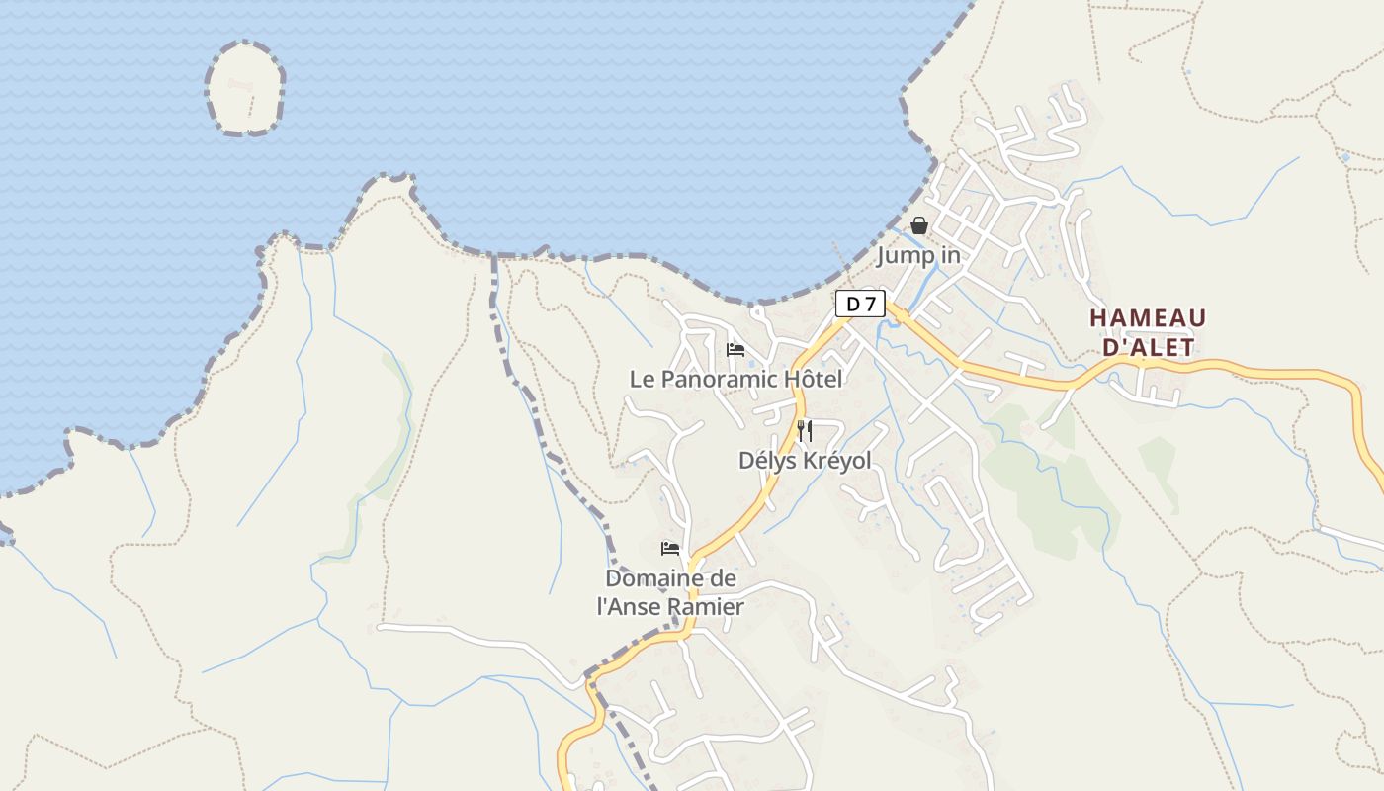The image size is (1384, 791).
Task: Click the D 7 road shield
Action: point(860,304)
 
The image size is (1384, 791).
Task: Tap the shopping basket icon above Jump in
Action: point(919,225)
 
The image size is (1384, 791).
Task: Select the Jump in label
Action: point(918,256)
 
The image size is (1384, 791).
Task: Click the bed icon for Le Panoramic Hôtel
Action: point(735,350)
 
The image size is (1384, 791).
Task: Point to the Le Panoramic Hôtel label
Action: point(736,379)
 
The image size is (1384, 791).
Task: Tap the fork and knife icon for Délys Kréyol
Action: point(805,430)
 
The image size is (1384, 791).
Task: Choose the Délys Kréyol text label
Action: point(805,461)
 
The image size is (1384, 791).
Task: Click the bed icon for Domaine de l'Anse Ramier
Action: point(670,549)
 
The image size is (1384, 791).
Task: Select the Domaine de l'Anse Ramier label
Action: point(670,592)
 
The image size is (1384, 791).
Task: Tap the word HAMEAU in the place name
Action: point(1148,318)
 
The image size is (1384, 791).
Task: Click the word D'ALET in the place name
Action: point(1148,347)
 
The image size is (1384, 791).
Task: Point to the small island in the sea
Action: point(245,88)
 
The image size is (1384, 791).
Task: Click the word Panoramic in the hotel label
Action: point(718,379)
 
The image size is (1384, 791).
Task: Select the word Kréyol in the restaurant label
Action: point(835,461)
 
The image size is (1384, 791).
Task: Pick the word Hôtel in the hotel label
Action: point(813,379)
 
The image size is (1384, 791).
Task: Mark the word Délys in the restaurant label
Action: point(766,461)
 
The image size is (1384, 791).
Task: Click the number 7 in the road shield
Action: point(869,304)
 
